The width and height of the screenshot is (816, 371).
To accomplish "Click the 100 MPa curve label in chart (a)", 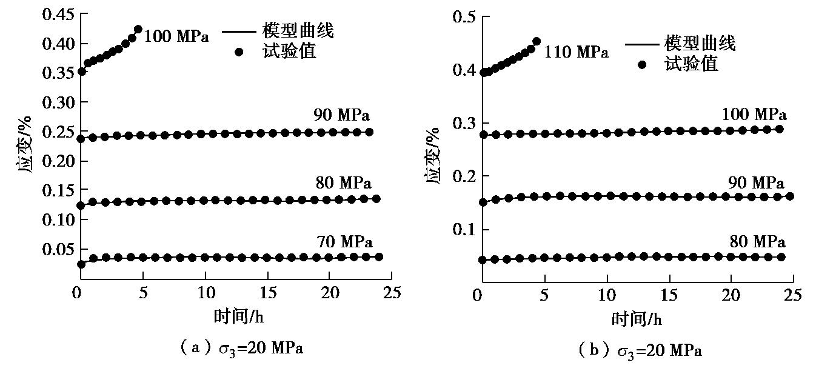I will click(177, 37).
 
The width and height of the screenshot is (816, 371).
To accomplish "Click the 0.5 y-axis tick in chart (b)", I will click(464, 16).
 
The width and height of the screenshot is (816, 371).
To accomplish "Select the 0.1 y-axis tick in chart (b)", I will click(464, 229).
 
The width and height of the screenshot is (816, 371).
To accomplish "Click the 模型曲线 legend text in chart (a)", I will click(298, 31).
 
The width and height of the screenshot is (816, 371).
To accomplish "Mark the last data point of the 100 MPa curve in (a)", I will click(138, 29).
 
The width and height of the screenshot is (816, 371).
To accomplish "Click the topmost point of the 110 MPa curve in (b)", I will click(537, 42).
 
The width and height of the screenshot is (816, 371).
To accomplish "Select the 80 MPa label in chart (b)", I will click(757, 242).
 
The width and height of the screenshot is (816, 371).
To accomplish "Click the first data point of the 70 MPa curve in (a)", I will click(81, 264).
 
